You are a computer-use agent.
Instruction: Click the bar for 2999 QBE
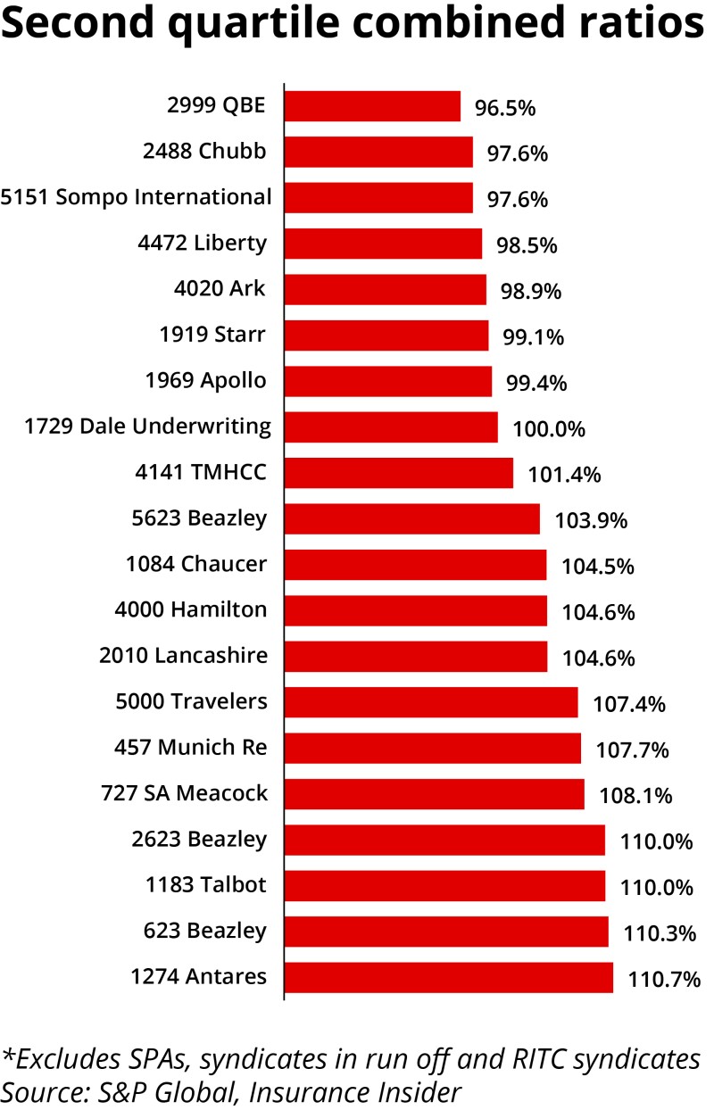point(372,106)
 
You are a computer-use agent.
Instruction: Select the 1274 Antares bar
point(448,977)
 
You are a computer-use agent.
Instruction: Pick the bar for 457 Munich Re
point(432,748)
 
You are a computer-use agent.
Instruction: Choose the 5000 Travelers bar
point(430,702)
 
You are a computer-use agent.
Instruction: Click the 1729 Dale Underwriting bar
point(390,427)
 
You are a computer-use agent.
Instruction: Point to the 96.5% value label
point(505,109)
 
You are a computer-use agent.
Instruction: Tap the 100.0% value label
point(549,429)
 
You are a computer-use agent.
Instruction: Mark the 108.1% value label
point(636,795)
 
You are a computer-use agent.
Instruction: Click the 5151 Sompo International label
point(136,197)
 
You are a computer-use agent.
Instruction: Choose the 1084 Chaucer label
point(197,564)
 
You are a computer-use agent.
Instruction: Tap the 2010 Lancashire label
point(183,656)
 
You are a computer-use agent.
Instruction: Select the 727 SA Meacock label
point(185,793)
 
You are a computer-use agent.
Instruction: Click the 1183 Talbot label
point(206,885)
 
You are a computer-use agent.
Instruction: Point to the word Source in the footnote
point(37,1090)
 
